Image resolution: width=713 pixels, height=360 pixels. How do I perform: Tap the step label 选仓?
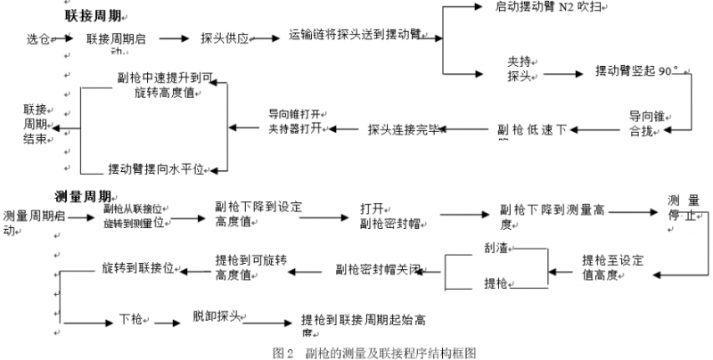coord(39,40)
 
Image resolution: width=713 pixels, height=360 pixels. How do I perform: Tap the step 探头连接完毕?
coord(404,130)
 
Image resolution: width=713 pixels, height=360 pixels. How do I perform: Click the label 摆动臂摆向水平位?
coord(156,168)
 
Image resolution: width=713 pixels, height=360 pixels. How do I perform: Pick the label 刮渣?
coord(496,246)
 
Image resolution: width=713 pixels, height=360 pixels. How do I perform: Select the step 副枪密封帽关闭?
coord(379,267)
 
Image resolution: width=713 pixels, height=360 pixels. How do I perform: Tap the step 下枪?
coord(131,318)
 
